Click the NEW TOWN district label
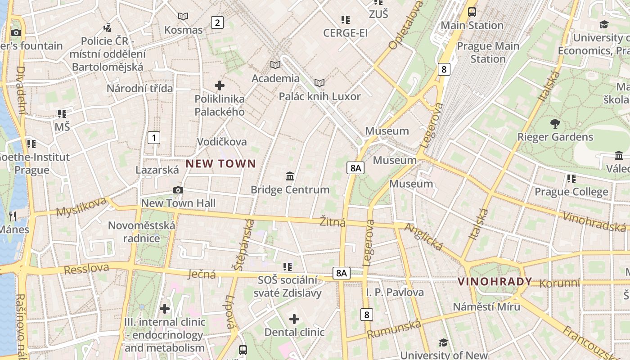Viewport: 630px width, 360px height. [x=220, y=164]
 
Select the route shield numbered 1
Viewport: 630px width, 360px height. [x=154, y=138]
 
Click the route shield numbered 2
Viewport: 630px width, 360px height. [x=217, y=22]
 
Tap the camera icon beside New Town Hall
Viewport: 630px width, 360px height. [x=178, y=190]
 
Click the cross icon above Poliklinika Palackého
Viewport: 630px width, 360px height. [x=220, y=85]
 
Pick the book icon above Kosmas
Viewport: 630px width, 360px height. [x=183, y=17]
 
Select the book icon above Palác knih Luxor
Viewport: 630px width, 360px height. [x=319, y=83]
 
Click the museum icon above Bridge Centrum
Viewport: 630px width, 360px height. [x=290, y=176]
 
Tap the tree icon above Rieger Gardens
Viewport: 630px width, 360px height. [x=555, y=123]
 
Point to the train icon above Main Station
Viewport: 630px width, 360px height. [x=472, y=12]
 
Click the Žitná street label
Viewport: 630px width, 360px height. [x=333, y=222]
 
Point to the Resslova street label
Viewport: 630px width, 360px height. [x=86, y=269]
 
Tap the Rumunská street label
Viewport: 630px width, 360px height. [x=394, y=329]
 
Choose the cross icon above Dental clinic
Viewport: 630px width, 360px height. [x=294, y=319]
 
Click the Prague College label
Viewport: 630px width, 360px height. [x=571, y=192]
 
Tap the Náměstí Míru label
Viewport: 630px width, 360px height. [x=486, y=307]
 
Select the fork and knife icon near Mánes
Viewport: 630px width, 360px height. [x=13, y=216]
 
